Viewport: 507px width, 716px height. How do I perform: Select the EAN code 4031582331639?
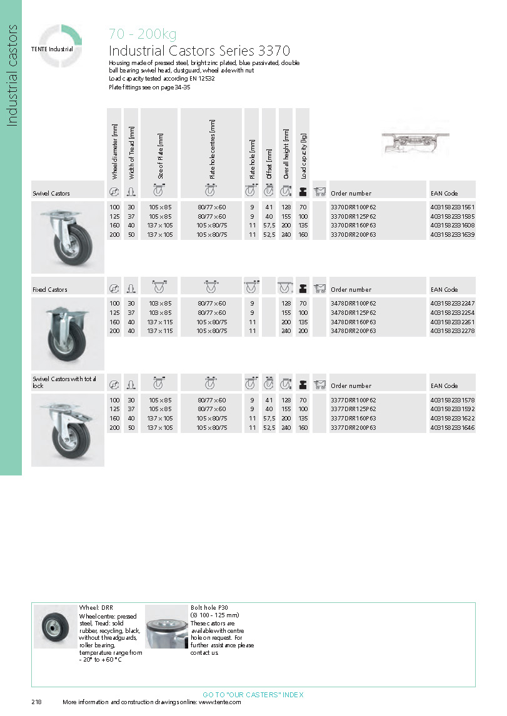click(453, 235)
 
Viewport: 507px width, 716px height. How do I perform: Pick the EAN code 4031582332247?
click(453, 303)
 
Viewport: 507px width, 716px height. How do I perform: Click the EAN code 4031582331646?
click(453, 427)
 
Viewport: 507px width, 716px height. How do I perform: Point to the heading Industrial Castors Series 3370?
click(199, 51)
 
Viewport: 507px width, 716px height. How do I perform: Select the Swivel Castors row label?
click(51, 194)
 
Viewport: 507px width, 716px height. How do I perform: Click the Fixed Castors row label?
click(50, 290)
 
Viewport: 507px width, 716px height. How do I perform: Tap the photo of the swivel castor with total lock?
click(68, 430)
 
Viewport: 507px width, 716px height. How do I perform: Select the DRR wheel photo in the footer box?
click(55, 627)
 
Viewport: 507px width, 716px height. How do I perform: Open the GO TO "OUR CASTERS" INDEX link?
click(253, 695)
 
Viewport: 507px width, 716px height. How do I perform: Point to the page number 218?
click(36, 702)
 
